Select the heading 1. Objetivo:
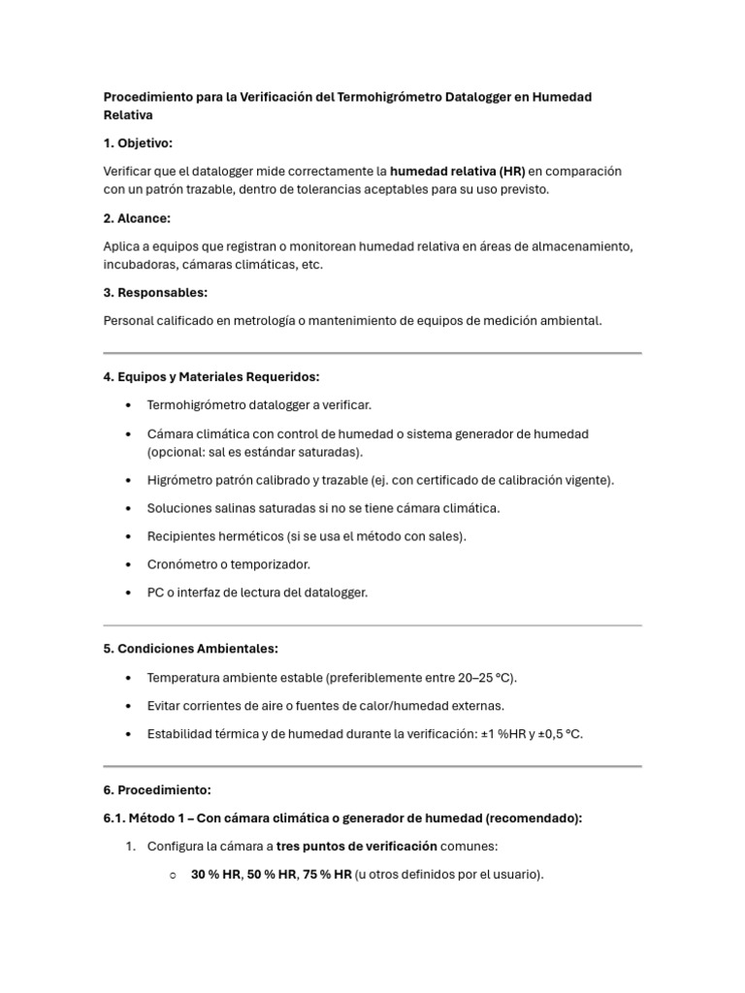pyautogui.click(x=138, y=143)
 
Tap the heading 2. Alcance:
pyautogui.click(x=137, y=218)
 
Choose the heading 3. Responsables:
pyautogui.click(x=155, y=292)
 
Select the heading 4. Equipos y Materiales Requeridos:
pyautogui.click(x=211, y=376)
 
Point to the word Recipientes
pyautogui.click(x=181, y=535)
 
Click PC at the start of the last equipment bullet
pyautogui.click(x=155, y=592)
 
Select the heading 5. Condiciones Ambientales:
pyautogui.click(x=190, y=648)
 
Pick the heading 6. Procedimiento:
pyautogui.click(x=157, y=789)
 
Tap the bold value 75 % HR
pyautogui.click(x=327, y=874)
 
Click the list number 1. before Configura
pyautogui.click(x=130, y=846)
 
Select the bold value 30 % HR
pyautogui.click(x=215, y=874)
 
